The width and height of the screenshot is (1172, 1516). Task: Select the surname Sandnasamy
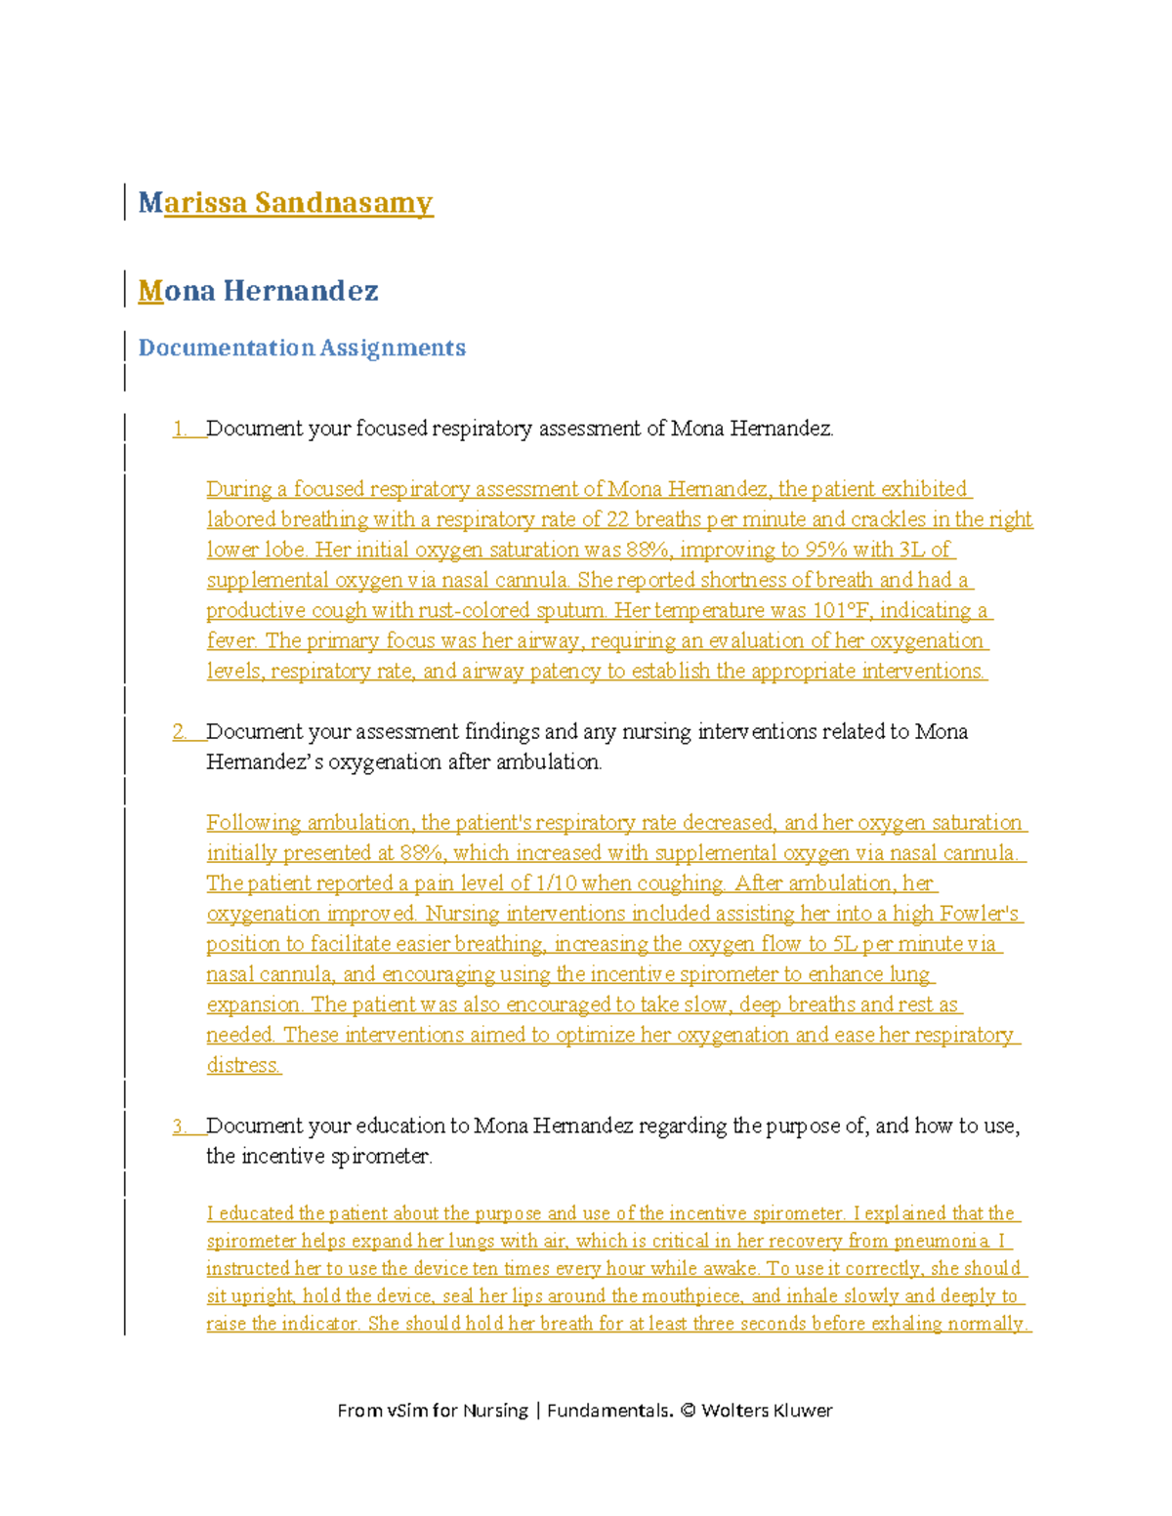[x=344, y=203]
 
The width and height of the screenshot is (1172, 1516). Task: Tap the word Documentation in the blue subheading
[x=226, y=348]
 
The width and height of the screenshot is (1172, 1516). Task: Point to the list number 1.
[x=181, y=429]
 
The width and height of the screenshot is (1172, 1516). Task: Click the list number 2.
[x=181, y=732]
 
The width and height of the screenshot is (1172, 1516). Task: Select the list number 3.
[x=181, y=1127]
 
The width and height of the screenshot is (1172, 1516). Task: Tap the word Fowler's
[x=980, y=914]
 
